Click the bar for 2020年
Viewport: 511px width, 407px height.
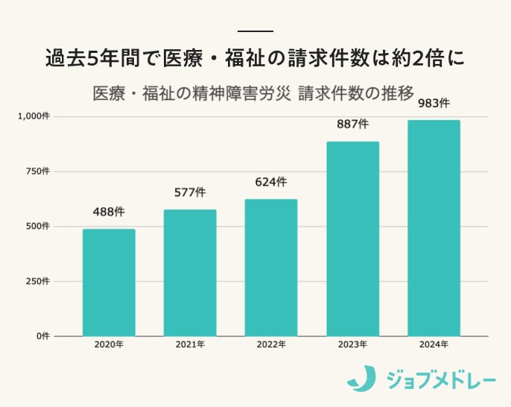[x=109, y=283]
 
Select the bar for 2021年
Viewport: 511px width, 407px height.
[x=190, y=273]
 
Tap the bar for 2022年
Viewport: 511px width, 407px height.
[x=271, y=268]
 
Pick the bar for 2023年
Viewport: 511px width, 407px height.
[x=352, y=239]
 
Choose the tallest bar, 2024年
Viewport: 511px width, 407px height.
[x=434, y=228]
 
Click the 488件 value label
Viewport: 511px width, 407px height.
[x=109, y=212]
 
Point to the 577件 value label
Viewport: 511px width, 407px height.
[x=190, y=192]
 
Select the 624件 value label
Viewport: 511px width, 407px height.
[x=271, y=182]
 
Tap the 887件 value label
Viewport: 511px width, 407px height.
[x=352, y=124]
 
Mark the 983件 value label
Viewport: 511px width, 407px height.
[x=434, y=103]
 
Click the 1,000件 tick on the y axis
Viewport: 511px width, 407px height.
[x=34, y=116]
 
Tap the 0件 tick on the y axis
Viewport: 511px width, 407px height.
[x=43, y=336]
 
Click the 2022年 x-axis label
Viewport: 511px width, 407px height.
[x=271, y=345]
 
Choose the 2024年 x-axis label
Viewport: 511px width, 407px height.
[x=434, y=345]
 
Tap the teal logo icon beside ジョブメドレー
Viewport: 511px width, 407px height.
[x=361, y=379]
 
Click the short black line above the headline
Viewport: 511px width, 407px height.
[x=256, y=31]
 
